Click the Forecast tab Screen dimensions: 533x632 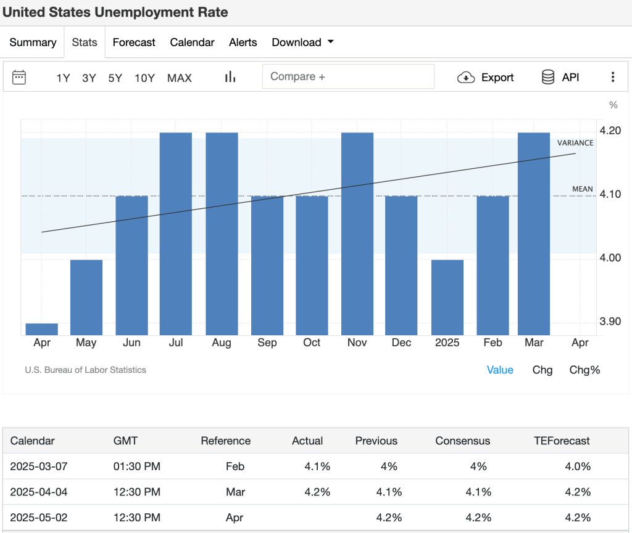pyautogui.click(x=134, y=43)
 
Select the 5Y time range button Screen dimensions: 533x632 pyautogui.click(x=115, y=78)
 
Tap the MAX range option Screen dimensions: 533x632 pyautogui.click(x=180, y=78)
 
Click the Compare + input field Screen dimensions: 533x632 pyautogui.click(x=348, y=77)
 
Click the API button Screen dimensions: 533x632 pyautogui.click(x=560, y=77)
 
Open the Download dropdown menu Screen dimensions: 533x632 pyautogui.click(x=302, y=43)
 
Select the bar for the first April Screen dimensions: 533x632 pyautogui.click(x=41, y=329)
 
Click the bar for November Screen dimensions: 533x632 pyautogui.click(x=357, y=234)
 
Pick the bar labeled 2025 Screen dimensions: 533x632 pyautogui.click(x=447, y=297)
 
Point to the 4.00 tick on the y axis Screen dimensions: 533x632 pyautogui.click(x=610, y=258)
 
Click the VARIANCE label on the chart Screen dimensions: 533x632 pyautogui.click(x=575, y=143)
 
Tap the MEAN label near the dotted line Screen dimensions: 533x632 pyautogui.click(x=582, y=189)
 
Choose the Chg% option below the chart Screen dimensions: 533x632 pyautogui.click(x=584, y=370)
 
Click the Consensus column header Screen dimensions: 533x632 pyautogui.click(x=462, y=441)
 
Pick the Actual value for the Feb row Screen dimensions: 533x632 pyautogui.click(x=317, y=466)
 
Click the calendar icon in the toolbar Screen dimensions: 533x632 pyautogui.click(x=19, y=77)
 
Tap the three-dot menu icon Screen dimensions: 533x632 pyautogui.click(x=613, y=77)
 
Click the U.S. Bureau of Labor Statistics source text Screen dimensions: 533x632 pyautogui.click(x=86, y=370)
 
